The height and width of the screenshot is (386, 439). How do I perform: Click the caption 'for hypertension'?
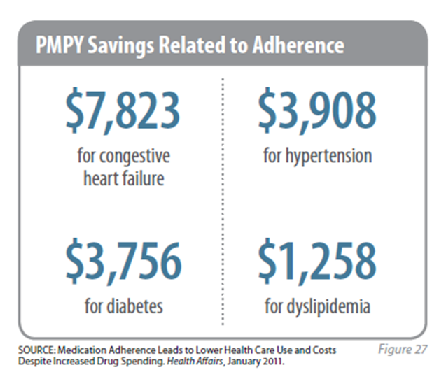[317, 155]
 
